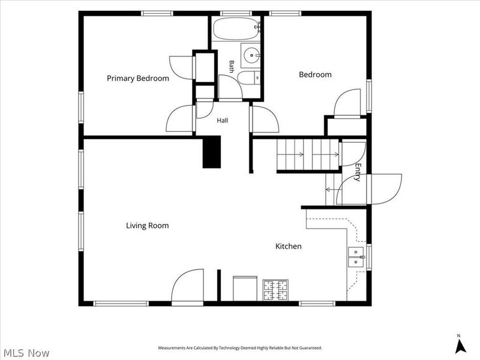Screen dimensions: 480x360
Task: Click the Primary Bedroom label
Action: coord(138,79)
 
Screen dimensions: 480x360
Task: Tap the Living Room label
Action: coord(147,226)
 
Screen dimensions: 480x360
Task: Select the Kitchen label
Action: coord(289,246)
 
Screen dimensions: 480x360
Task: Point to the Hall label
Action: coord(222,121)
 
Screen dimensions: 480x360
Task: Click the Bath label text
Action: coord(232,67)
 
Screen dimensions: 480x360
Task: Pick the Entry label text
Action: coord(358,172)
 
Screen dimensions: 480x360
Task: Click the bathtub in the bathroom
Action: coord(235,28)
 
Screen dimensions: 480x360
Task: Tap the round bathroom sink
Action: coord(251,55)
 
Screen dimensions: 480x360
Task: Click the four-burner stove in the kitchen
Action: coord(275,290)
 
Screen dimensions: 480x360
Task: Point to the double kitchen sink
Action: coord(356,257)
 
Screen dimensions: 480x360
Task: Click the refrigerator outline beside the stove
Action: coord(245,289)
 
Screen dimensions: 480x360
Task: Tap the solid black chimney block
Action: coord(212,152)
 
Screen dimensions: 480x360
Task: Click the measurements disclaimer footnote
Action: coord(240,348)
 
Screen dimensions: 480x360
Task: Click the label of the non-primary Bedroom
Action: coord(315,74)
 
